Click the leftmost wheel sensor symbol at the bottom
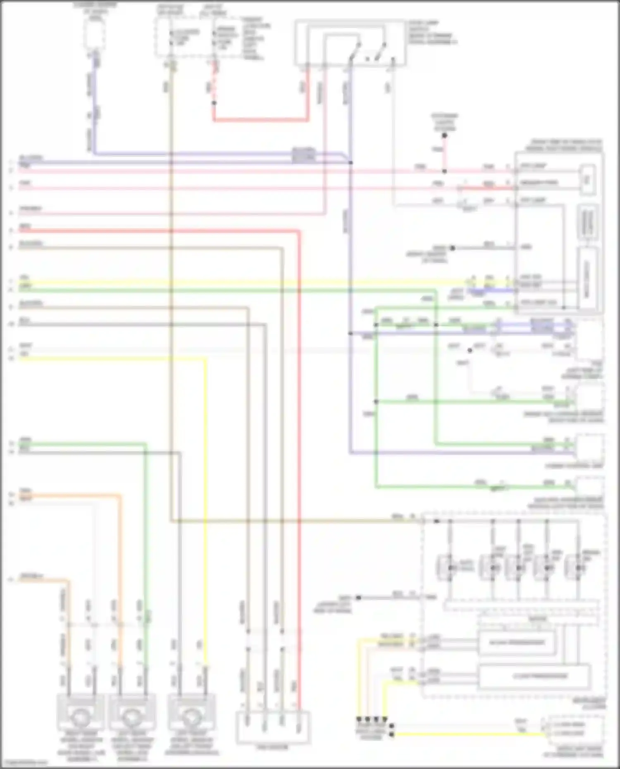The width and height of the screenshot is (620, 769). point(80,712)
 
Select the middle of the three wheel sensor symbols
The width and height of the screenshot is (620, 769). point(132,712)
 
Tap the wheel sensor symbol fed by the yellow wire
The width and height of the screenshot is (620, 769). point(191,712)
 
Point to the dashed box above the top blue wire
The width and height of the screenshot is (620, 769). point(95,33)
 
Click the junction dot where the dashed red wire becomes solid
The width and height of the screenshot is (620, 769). point(214,103)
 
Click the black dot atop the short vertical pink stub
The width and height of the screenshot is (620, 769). point(444,136)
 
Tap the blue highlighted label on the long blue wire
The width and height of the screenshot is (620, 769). point(304,155)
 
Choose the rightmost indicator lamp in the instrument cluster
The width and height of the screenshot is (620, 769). point(577,568)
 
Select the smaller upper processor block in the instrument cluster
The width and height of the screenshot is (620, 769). point(517,643)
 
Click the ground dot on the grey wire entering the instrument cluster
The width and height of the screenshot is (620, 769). point(358,598)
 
